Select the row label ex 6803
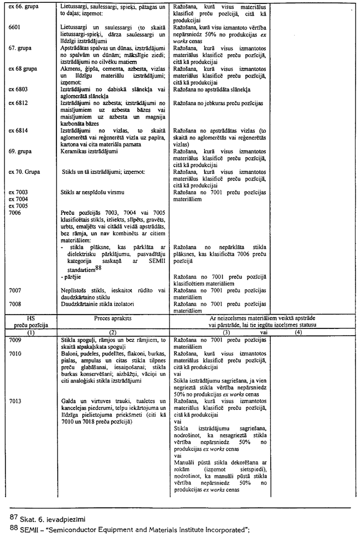coord(18,89)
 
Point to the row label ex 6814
coord(18,130)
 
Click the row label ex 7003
coord(18,192)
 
